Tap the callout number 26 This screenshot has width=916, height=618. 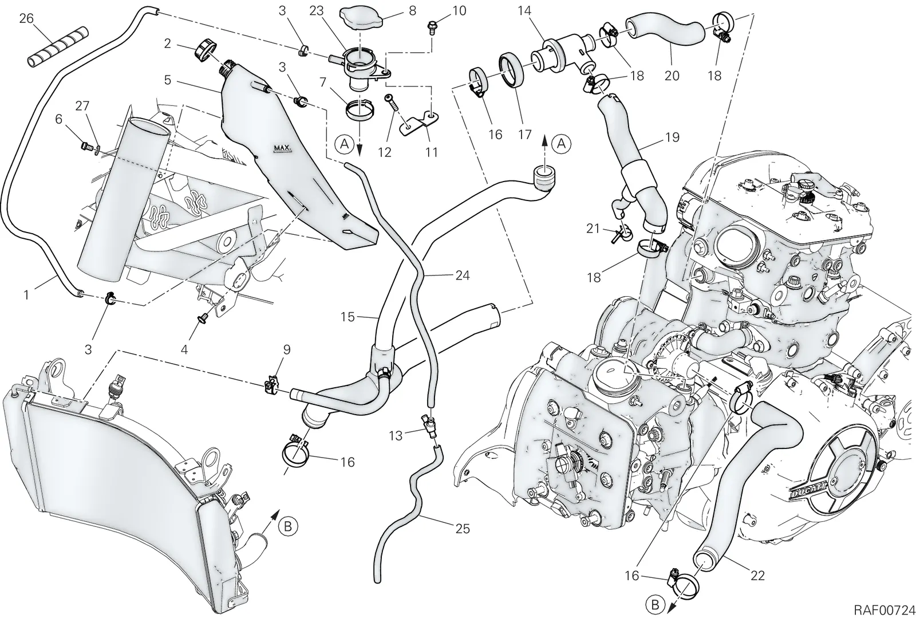tap(26, 18)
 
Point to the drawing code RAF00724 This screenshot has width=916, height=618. tap(884, 609)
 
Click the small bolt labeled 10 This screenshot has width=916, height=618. tap(432, 26)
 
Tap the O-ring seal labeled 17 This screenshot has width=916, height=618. tap(511, 69)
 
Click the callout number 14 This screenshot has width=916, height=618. tap(524, 11)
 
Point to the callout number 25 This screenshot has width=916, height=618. tap(463, 529)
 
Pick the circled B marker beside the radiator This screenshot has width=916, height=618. tap(287, 526)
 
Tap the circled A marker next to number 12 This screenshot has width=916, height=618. tap(344, 144)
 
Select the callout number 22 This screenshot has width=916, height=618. tap(758, 576)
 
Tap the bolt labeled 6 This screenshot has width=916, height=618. tap(87, 145)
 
